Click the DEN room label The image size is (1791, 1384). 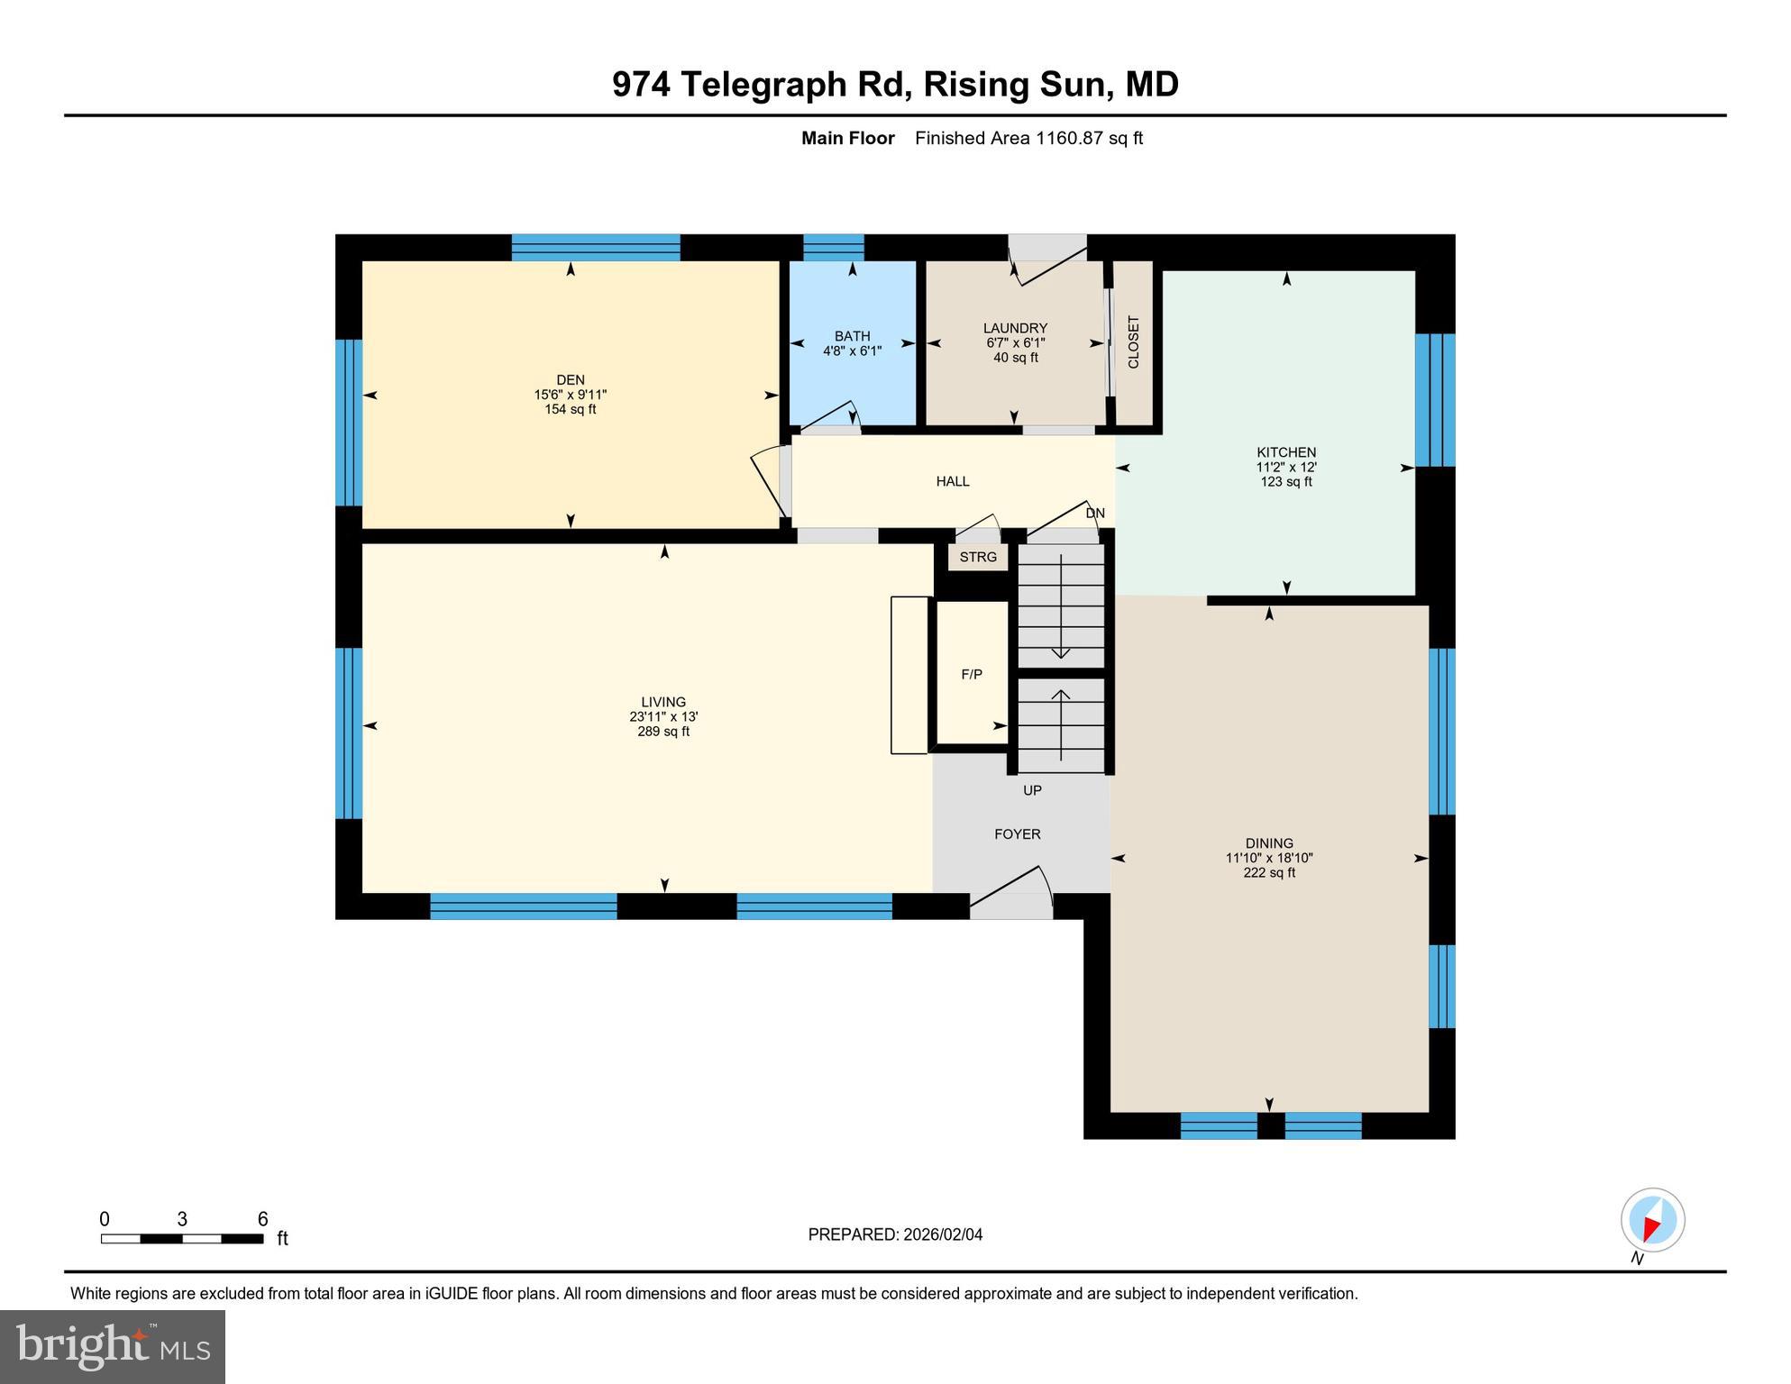pyautogui.click(x=570, y=379)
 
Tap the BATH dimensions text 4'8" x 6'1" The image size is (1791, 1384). pyautogui.click(x=852, y=351)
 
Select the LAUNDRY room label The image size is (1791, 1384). pyautogui.click(x=1015, y=328)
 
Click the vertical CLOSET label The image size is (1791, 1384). pyautogui.click(x=1133, y=342)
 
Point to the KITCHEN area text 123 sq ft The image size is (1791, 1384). pyautogui.click(x=1285, y=482)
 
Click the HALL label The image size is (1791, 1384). pyautogui.click(x=952, y=481)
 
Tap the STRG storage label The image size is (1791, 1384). pyautogui.click(x=978, y=557)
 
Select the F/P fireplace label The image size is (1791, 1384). pyautogui.click(x=971, y=674)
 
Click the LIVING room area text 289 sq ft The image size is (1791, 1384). pyautogui.click(x=662, y=732)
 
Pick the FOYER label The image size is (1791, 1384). pyautogui.click(x=1017, y=834)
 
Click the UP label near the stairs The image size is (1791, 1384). pyautogui.click(x=1032, y=790)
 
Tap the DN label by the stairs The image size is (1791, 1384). pyautogui.click(x=1094, y=514)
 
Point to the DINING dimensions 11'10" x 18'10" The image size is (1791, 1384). pyautogui.click(x=1268, y=859)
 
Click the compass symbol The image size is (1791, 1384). pyautogui.click(x=1652, y=1221)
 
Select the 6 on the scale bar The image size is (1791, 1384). pyautogui.click(x=262, y=1220)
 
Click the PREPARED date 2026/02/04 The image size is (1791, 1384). pyautogui.click(x=941, y=1234)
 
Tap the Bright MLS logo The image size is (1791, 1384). pyautogui.click(x=113, y=1346)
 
